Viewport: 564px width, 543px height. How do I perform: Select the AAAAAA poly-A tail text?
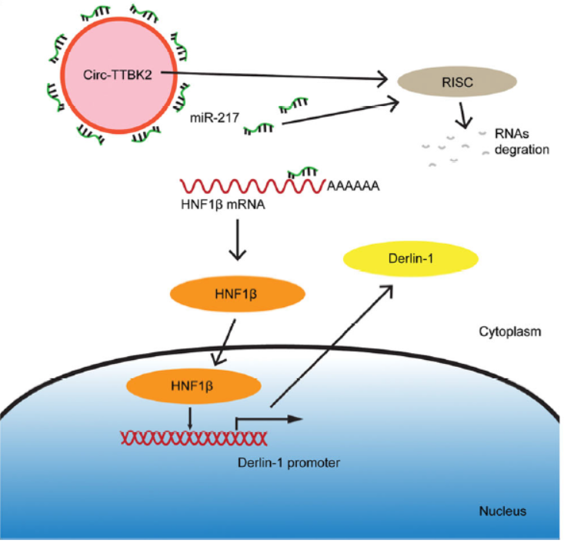click(x=353, y=187)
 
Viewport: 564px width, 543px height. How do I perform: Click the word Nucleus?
click(x=502, y=510)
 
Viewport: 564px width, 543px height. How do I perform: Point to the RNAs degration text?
click(x=522, y=143)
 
